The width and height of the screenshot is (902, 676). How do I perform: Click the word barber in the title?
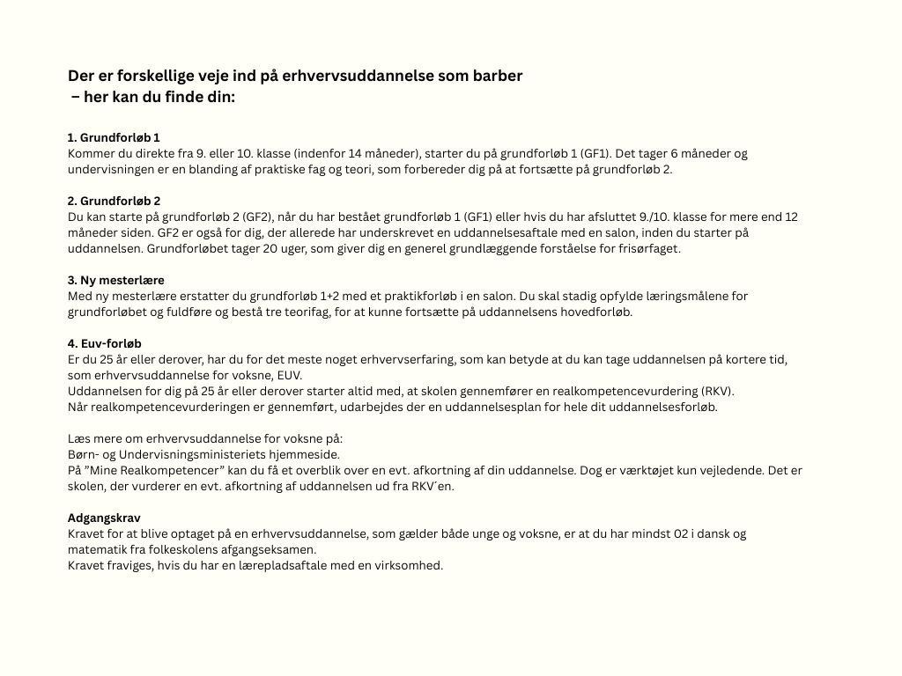click(x=499, y=76)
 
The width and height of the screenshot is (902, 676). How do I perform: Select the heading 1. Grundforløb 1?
click(x=114, y=137)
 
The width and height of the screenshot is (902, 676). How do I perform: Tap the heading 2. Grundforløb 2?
click(x=115, y=201)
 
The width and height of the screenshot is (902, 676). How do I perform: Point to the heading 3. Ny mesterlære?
click(x=116, y=280)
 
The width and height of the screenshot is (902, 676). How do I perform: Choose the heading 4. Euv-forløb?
click(x=105, y=343)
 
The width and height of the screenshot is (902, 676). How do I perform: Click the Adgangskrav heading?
click(x=104, y=518)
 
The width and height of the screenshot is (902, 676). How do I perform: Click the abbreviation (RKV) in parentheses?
click(x=715, y=391)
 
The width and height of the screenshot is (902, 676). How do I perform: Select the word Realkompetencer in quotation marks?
click(x=167, y=470)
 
